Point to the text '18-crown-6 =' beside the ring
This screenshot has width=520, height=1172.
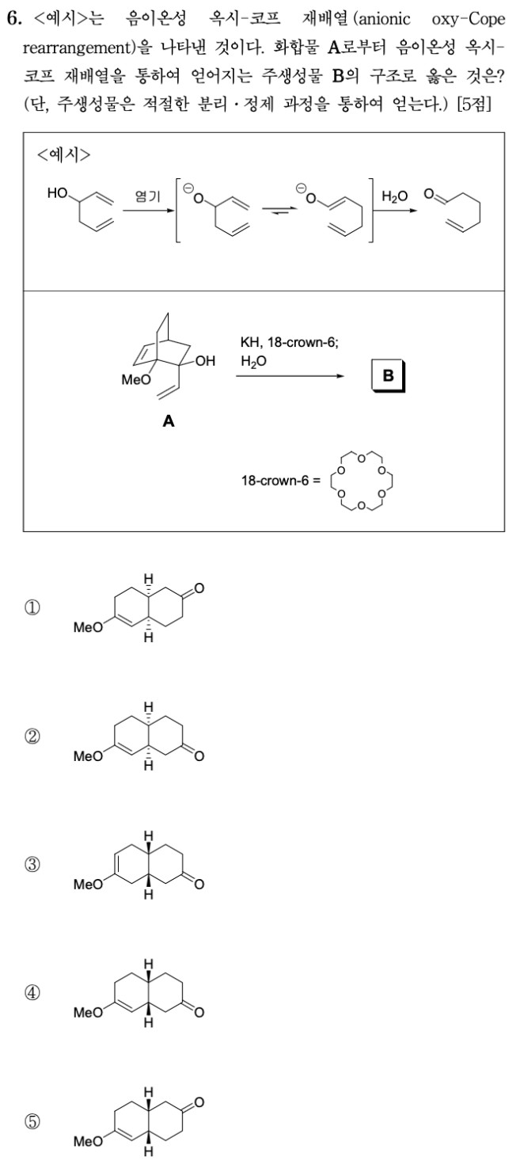pyautogui.click(x=277, y=482)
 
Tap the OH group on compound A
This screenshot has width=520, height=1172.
pyautogui.click(x=203, y=362)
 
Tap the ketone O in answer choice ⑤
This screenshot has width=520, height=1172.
pyautogui.click(x=199, y=1102)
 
